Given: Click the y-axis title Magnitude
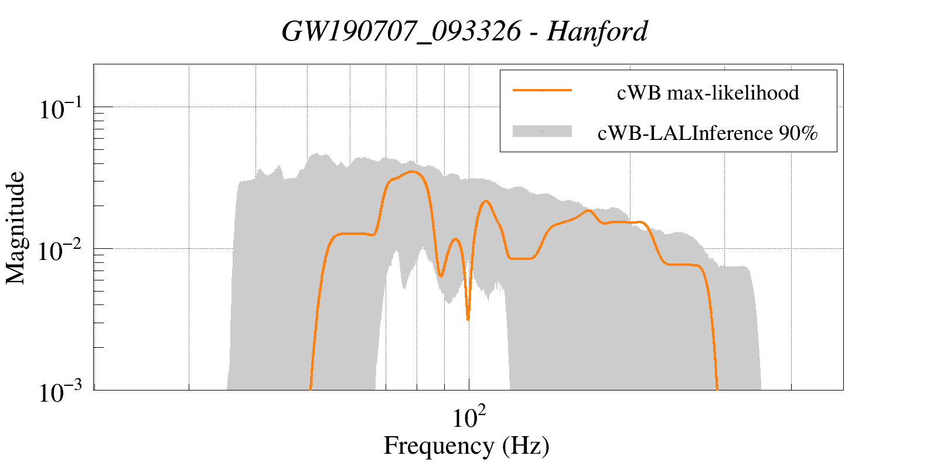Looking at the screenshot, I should coord(16,228).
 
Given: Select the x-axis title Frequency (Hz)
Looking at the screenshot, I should coord(466,446).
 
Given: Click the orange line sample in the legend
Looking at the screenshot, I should coord(541,90).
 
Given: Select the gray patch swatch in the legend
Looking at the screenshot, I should coord(541,131).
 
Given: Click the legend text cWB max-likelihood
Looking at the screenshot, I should coord(708,93).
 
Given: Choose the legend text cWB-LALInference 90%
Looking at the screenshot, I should coord(707,133).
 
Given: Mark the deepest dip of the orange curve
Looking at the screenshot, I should coord(468,319).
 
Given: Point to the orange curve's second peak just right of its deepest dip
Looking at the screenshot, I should coord(485,201).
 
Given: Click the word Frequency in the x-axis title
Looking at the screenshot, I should coord(438,446).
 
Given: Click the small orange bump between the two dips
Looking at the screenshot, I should coord(455,239).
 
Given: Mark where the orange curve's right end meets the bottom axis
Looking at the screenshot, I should coord(717,389).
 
